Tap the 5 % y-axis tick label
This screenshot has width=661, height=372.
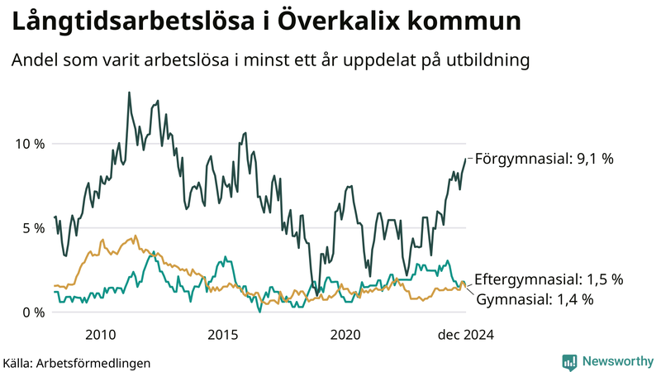click(x=31, y=228)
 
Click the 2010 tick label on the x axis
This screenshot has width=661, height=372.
click(x=100, y=335)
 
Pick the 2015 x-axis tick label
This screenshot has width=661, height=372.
click(x=222, y=335)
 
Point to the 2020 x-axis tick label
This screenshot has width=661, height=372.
click(x=345, y=335)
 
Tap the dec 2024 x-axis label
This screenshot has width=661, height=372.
click(x=465, y=335)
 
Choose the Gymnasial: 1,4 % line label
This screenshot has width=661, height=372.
click(x=535, y=299)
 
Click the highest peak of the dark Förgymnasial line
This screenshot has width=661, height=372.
click(x=129, y=93)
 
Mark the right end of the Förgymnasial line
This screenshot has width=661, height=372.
click(x=466, y=159)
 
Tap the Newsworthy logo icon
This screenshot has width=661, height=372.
click(x=569, y=361)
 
